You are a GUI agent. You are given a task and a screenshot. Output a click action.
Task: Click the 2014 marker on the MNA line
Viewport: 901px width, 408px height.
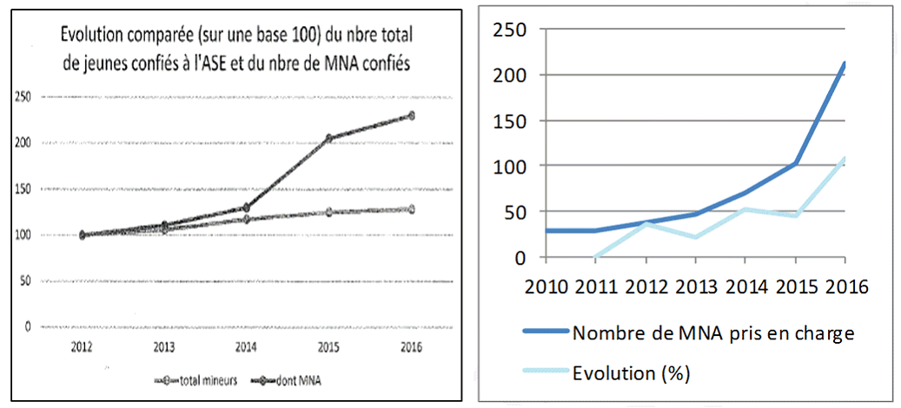click(246, 208)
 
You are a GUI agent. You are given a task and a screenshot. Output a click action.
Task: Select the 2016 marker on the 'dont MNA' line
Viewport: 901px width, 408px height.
click(411, 115)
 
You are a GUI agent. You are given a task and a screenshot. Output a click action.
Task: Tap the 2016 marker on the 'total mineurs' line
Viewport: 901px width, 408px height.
click(411, 209)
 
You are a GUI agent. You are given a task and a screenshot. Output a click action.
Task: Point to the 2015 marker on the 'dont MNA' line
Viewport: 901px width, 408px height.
click(328, 138)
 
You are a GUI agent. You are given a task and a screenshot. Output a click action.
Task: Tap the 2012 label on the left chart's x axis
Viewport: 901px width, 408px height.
click(83, 346)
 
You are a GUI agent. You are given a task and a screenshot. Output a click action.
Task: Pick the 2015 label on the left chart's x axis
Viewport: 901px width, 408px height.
click(328, 346)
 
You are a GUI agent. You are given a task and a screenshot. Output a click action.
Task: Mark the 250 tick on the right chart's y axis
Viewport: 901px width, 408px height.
click(512, 30)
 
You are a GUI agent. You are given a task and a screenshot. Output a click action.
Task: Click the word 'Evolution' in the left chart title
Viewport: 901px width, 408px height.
click(94, 35)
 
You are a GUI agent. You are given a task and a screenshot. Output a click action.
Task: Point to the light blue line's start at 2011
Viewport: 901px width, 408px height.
click(594, 257)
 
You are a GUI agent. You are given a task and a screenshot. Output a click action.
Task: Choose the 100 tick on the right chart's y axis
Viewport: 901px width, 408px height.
click(512, 166)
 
